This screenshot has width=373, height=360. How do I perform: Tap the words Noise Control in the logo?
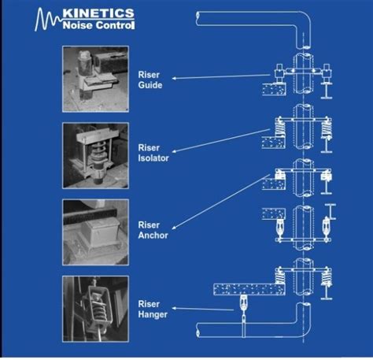[x=98, y=25]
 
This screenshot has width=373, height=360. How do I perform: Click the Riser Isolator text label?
[x=153, y=153]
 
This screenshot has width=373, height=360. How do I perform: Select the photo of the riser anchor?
[x=94, y=229]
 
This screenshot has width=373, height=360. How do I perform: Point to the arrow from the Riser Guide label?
[x=220, y=77]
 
